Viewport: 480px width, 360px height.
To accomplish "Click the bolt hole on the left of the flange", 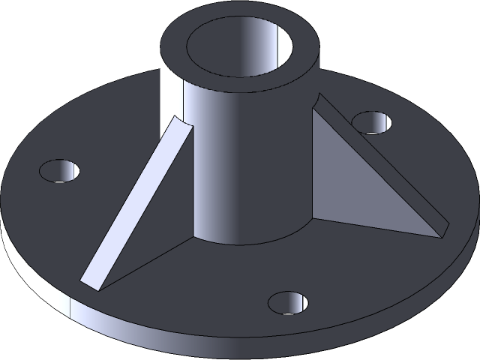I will pyautogui.click(x=60, y=170).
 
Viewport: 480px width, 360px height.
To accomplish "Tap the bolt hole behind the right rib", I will pyautogui.click(x=373, y=121).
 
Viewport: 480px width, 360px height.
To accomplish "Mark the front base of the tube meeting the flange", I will pyautogui.click(x=240, y=241).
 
